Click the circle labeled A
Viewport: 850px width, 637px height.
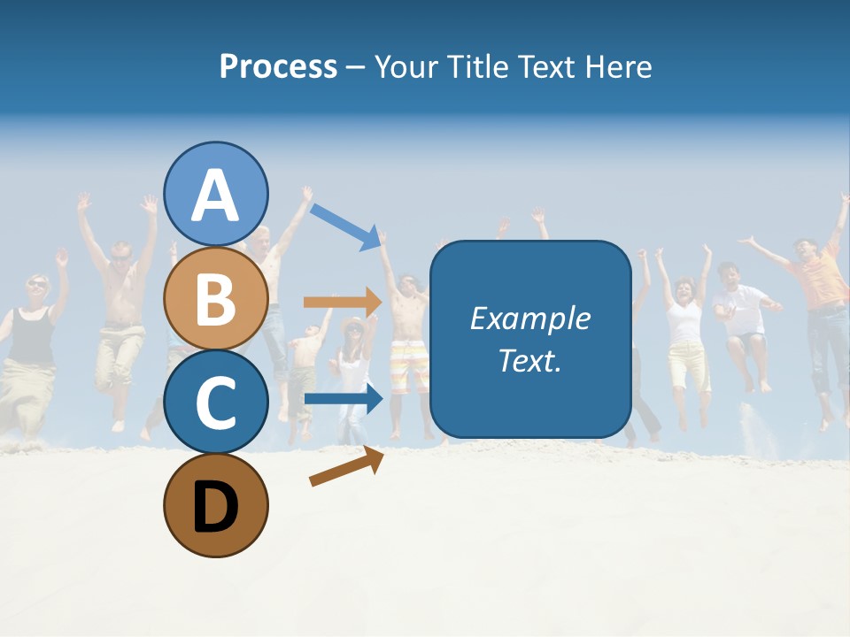click(216, 194)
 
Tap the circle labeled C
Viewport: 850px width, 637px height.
click(216, 402)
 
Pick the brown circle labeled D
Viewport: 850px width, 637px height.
click(216, 505)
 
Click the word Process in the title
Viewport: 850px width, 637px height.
click(278, 66)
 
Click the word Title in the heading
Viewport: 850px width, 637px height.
click(477, 66)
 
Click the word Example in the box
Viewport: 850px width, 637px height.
click(530, 318)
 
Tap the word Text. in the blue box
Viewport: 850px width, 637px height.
click(530, 360)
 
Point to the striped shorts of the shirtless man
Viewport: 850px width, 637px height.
click(410, 365)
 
